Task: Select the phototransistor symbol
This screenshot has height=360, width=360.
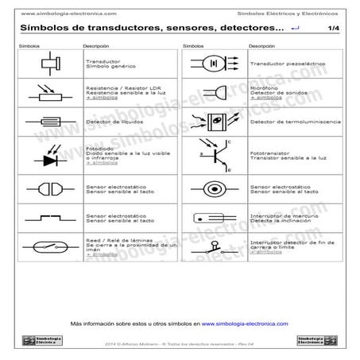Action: [x=215, y=155]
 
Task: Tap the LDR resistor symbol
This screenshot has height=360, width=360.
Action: [x=48, y=92]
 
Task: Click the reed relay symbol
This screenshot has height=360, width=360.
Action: [x=48, y=246]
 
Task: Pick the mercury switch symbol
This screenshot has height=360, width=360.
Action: [x=214, y=216]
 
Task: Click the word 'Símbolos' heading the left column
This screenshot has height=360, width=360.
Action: [x=29, y=46]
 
